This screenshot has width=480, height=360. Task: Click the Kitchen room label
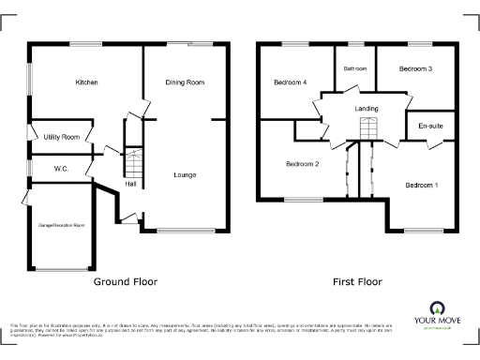click(x=87, y=82)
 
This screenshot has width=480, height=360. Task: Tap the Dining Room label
click(x=185, y=82)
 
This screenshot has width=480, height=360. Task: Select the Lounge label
click(x=185, y=174)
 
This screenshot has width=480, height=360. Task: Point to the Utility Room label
click(x=61, y=137)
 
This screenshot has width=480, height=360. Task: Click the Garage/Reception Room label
click(x=61, y=225)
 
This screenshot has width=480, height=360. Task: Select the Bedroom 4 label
click(x=290, y=82)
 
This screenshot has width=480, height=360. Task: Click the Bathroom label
click(x=355, y=68)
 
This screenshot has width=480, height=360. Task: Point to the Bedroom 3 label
click(x=413, y=68)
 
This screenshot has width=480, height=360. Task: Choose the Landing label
click(x=367, y=109)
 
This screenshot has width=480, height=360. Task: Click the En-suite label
click(x=430, y=125)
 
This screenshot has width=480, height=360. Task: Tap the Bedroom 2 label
click(x=303, y=164)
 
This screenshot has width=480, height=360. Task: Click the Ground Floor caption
click(x=125, y=281)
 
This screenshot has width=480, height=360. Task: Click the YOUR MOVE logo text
click(x=437, y=322)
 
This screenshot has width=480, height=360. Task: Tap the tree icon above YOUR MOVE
click(x=437, y=307)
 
